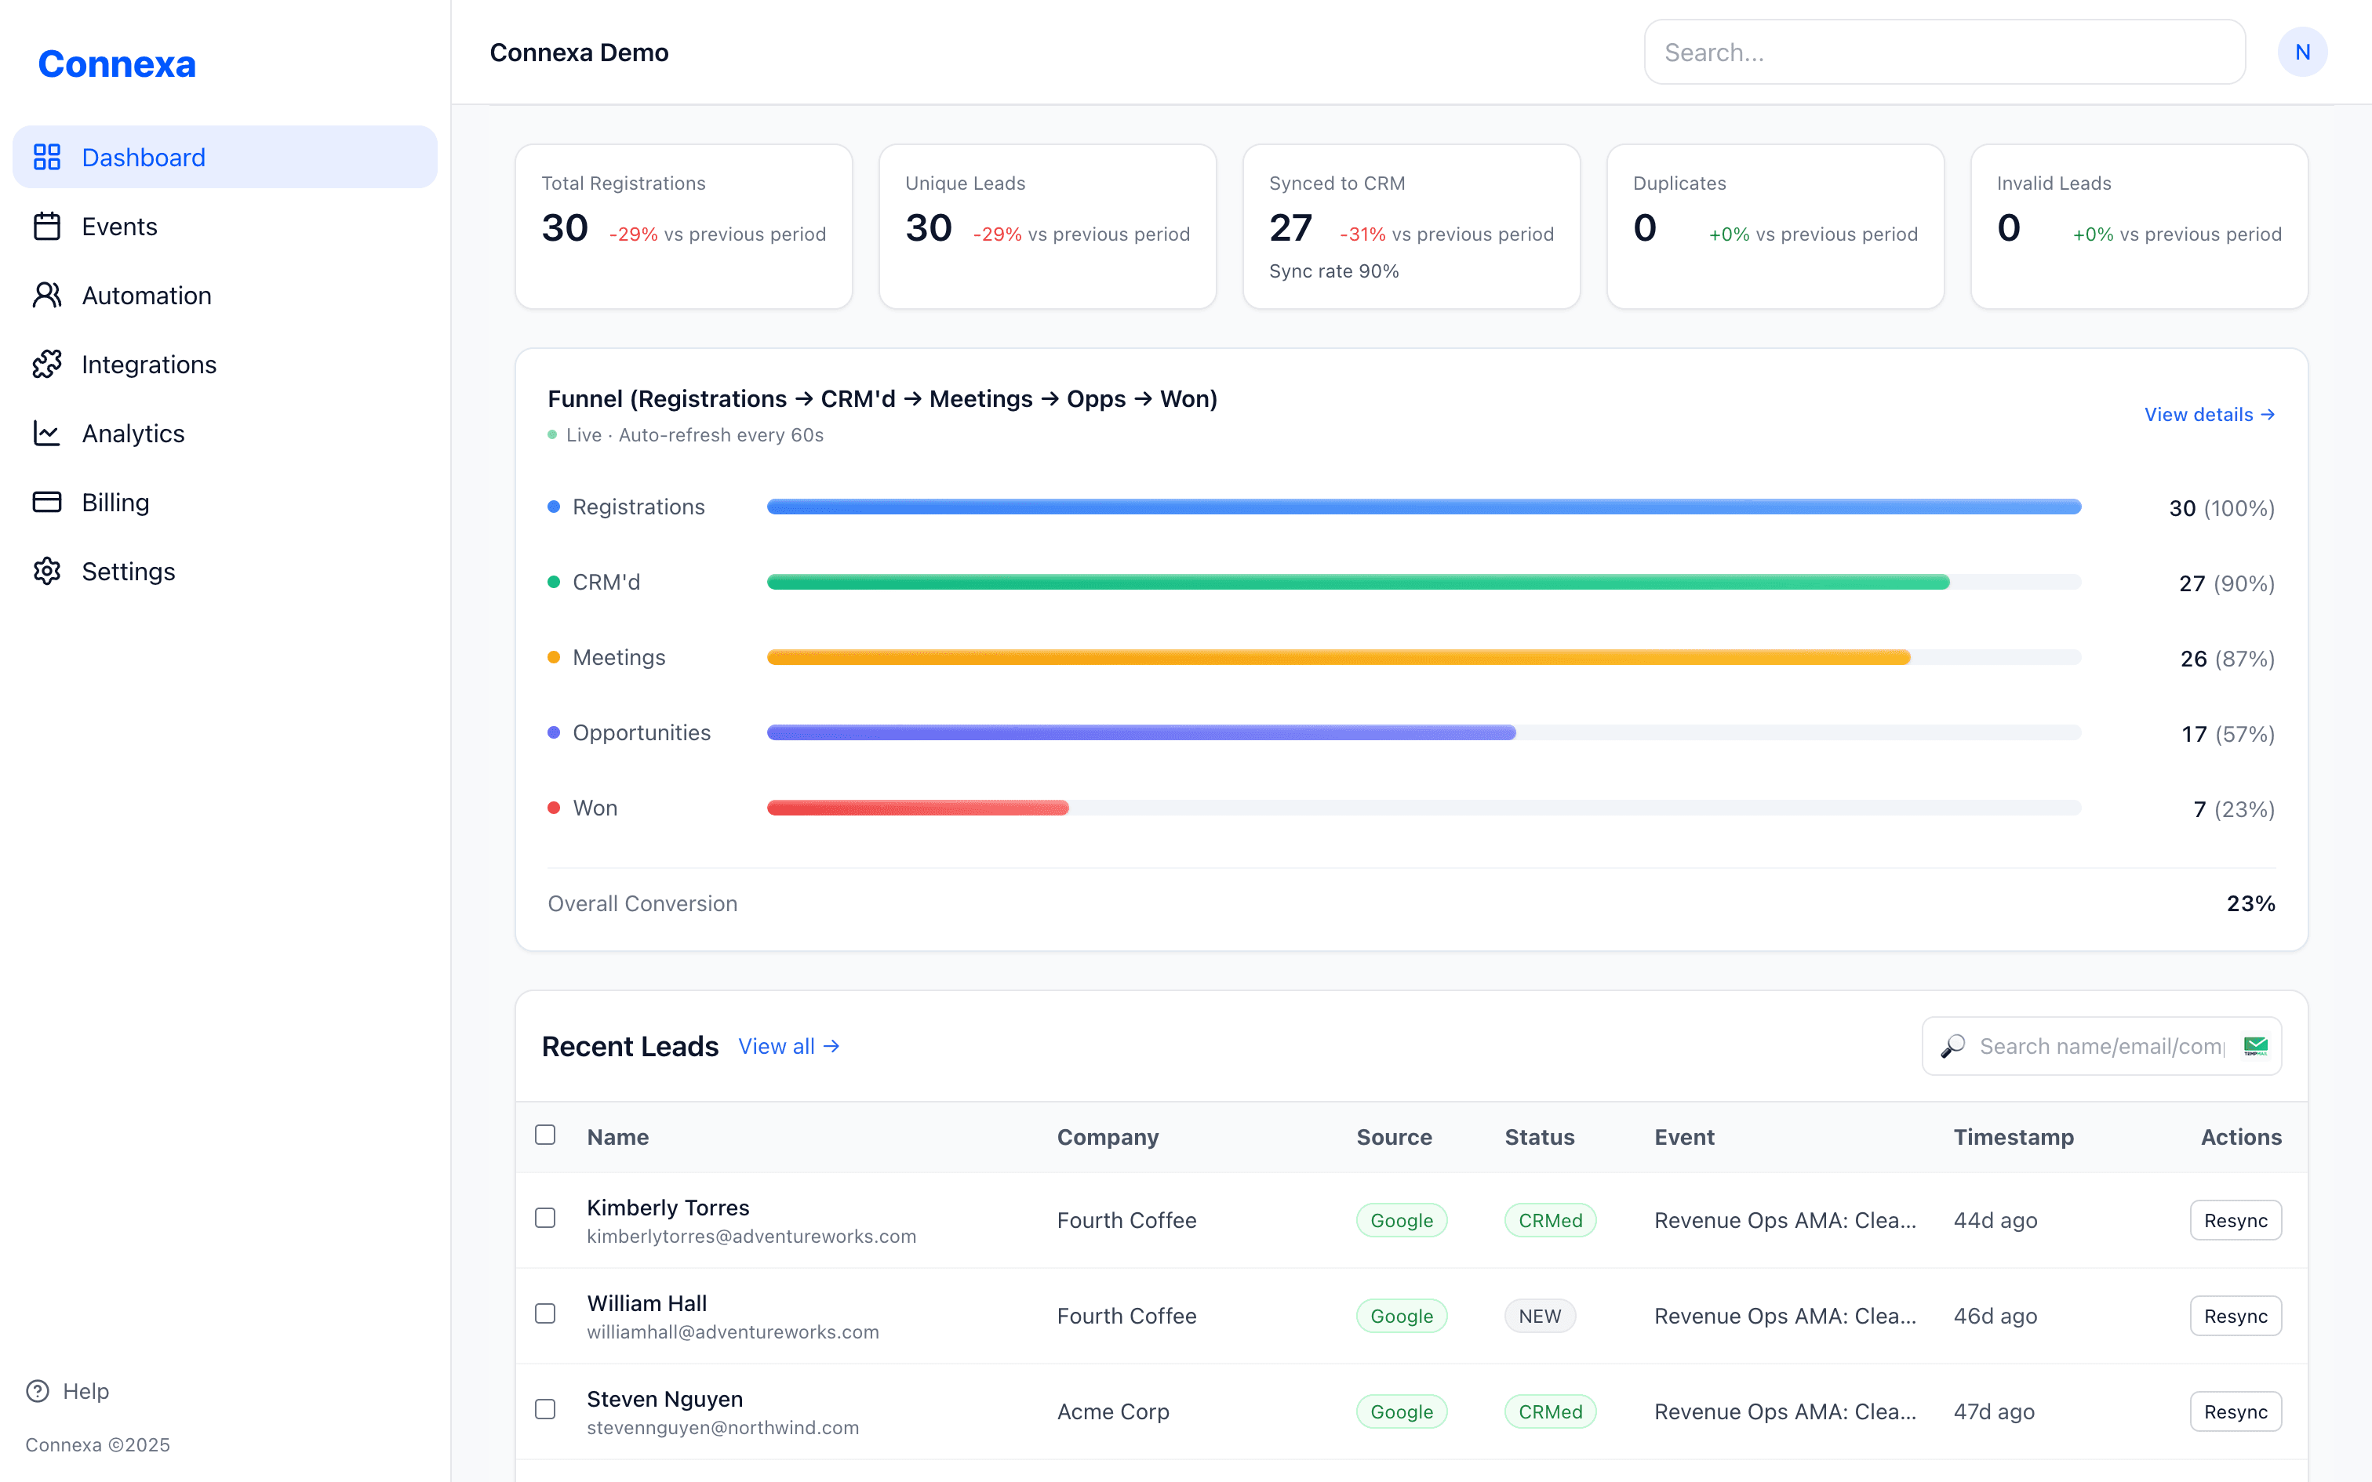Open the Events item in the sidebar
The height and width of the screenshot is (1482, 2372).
click(118, 227)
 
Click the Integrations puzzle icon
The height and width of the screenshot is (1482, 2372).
click(47, 365)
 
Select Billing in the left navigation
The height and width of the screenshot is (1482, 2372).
click(115, 503)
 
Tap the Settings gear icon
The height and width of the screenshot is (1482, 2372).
click(47, 572)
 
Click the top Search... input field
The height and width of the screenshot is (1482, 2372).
click(1944, 53)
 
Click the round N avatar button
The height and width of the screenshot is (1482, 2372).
click(2301, 53)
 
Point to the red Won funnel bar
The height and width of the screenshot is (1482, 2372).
click(918, 808)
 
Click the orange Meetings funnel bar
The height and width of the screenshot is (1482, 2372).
click(1338, 658)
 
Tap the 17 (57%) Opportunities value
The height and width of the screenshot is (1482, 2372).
click(2227, 734)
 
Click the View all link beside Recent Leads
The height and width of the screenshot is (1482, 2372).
click(788, 1047)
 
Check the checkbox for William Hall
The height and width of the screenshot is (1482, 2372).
click(545, 1313)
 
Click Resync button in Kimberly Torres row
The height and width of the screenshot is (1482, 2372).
click(2235, 1220)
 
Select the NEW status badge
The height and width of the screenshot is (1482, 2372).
click(1539, 1317)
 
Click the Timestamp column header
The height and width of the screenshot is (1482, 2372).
click(2014, 1137)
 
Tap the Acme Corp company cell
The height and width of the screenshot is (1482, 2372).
click(1112, 1411)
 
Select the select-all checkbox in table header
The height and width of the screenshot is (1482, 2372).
click(545, 1135)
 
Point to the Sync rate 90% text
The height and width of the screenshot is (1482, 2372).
click(1333, 271)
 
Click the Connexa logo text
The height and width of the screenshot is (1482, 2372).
click(117, 64)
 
